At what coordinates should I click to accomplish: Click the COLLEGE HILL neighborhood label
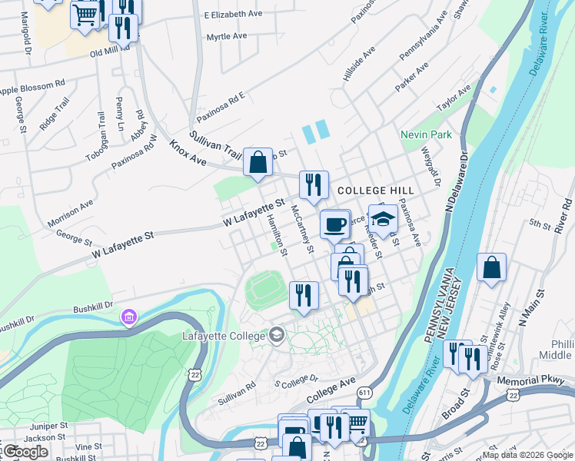[x=375, y=191]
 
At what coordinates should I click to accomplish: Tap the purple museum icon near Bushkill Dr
[x=128, y=317]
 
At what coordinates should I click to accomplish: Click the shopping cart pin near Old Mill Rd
[x=85, y=15]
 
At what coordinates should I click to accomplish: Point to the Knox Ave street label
[x=188, y=154]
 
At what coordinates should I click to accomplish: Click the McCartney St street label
[x=302, y=228]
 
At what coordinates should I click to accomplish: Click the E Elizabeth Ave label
[x=234, y=15]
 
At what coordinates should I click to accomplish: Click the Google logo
[x=25, y=452]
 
